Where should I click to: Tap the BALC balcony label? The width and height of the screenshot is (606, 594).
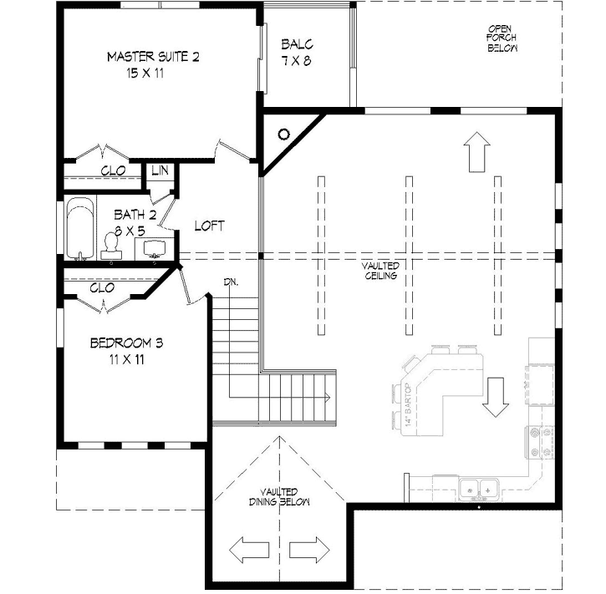tap(297, 52)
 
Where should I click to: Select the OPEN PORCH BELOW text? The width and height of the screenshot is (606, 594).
tap(502, 39)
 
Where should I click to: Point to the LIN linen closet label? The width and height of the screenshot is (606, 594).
tap(160, 170)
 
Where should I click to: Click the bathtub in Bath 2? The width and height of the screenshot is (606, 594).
tap(79, 228)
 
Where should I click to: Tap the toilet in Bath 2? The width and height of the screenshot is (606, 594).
tap(109, 243)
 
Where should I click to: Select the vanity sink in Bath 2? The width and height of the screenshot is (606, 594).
tap(155, 248)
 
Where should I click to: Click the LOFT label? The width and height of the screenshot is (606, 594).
tap(209, 226)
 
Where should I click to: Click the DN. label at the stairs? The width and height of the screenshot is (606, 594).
tap(231, 282)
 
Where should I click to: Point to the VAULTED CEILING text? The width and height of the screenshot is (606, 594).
tap(380, 272)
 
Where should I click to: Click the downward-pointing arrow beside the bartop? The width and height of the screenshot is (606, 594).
tap(495, 397)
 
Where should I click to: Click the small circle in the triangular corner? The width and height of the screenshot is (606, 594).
tap(283, 134)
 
